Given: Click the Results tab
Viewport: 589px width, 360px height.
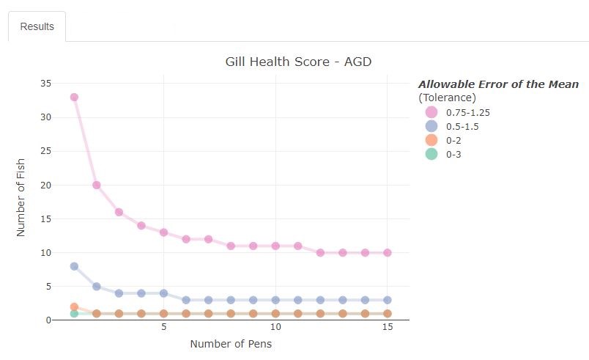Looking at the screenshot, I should [37, 26].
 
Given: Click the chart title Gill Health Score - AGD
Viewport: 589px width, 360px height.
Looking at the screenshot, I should [298, 62].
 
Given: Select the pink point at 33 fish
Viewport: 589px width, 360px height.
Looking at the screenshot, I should [74, 97].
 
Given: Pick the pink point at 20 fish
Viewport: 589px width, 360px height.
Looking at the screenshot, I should [97, 185].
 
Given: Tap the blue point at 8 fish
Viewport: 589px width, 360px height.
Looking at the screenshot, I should [74, 266].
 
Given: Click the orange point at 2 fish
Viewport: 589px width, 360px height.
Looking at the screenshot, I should [74, 306].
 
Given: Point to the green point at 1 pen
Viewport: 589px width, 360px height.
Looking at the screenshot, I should [74, 314].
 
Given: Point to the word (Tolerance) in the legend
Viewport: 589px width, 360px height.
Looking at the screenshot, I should [447, 98].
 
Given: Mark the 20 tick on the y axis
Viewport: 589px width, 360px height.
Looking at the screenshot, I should [45, 185].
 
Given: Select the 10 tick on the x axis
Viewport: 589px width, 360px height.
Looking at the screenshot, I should [275, 326].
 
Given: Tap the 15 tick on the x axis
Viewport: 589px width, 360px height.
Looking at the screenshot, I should [388, 326].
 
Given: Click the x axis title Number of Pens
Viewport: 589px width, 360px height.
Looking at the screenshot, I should [231, 343].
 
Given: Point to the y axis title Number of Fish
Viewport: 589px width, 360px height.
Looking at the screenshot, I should [21, 202].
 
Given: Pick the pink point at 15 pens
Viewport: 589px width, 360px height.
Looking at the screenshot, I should [388, 252].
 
